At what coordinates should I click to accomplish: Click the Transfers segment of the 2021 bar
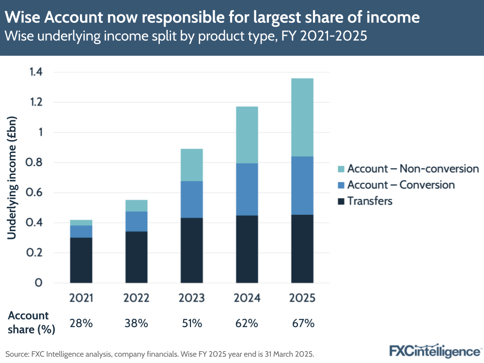click(x=81, y=260)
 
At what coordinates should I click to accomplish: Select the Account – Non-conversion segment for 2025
click(x=302, y=117)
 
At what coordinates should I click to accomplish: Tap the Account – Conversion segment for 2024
click(x=247, y=189)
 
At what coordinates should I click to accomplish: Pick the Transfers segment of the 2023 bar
click(x=191, y=250)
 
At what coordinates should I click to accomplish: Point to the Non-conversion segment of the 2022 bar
click(x=136, y=205)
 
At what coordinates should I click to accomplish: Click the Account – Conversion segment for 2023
click(x=191, y=199)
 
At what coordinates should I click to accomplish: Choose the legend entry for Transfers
click(x=369, y=201)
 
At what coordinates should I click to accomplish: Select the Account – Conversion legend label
click(x=401, y=185)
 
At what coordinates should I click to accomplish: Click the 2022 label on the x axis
click(x=136, y=298)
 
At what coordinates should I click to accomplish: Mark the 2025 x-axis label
click(x=302, y=298)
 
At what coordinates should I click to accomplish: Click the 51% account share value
click(x=191, y=323)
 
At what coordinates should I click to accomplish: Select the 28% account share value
click(x=81, y=323)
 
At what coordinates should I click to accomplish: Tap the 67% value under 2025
click(x=302, y=323)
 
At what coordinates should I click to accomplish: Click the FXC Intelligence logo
click(x=435, y=350)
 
